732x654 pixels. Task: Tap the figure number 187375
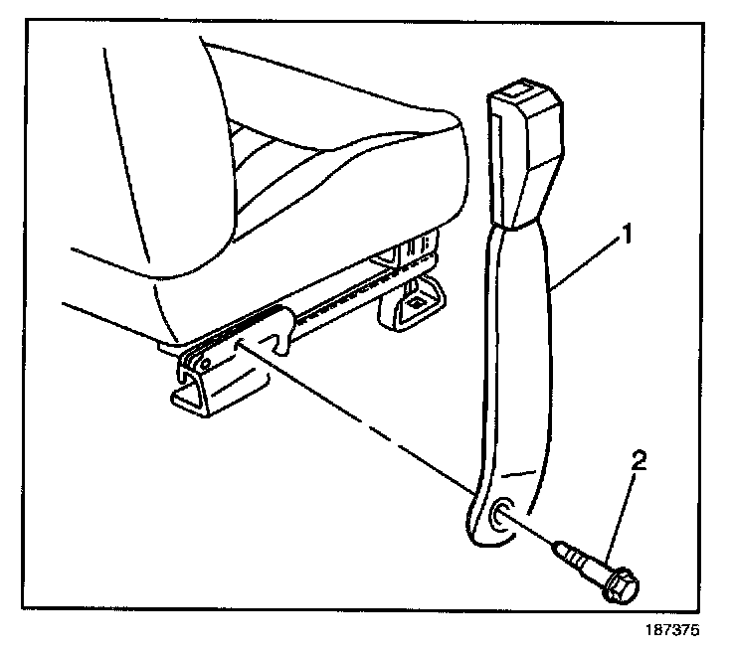click(673, 629)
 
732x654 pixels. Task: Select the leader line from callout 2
click(625, 506)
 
